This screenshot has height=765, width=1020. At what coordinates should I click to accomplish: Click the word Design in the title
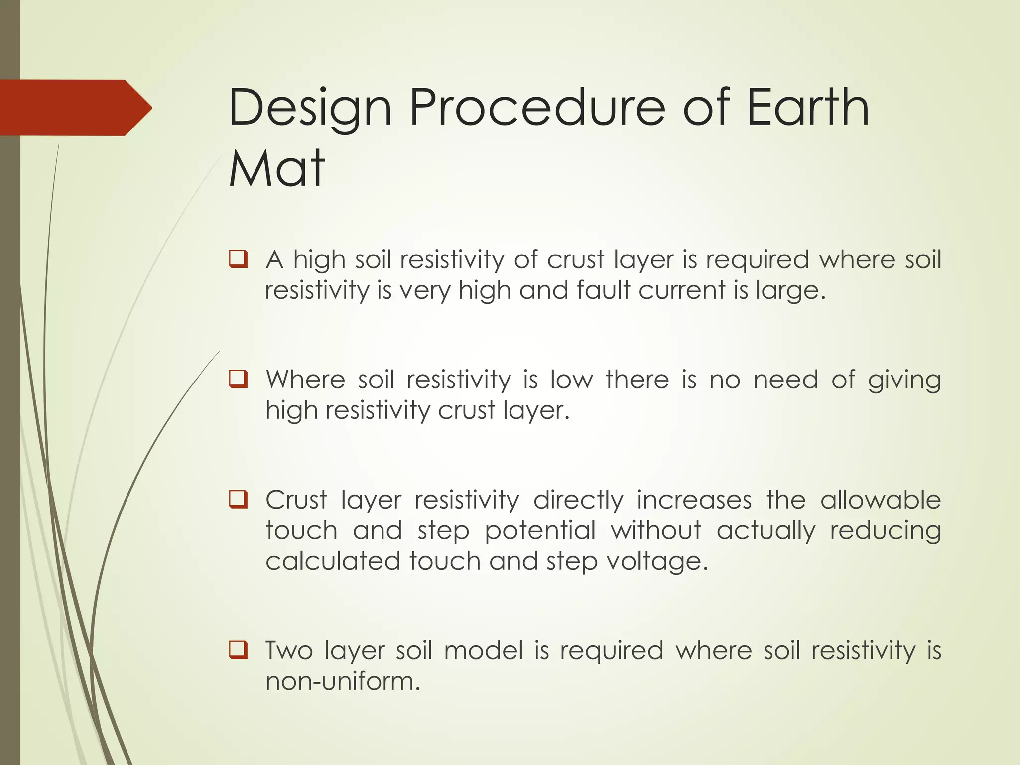tap(310, 108)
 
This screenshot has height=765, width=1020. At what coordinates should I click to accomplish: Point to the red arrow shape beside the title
tap(75, 108)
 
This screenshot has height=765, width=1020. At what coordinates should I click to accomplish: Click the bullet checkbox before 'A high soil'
tap(238, 259)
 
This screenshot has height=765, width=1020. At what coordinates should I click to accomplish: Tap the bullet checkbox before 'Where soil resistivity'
tap(238, 379)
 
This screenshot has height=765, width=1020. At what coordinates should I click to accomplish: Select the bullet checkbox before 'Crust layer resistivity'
tap(238, 499)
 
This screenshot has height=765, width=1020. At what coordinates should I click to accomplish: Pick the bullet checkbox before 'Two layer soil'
tap(238, 650)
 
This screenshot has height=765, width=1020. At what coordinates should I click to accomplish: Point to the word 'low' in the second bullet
tap(571, 380)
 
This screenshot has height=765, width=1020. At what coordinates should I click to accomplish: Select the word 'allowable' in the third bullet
tap(881, 500)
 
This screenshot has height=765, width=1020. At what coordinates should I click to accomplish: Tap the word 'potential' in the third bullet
tap(540, 531)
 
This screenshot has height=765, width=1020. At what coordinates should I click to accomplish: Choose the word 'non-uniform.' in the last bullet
tap(343, 681)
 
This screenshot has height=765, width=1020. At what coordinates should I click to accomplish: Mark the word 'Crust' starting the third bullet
tap(296, 500)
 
